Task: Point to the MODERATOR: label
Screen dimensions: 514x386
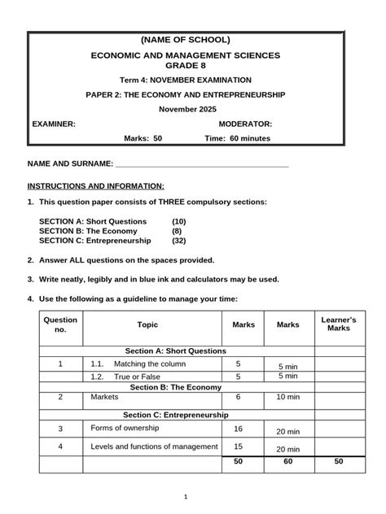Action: pos(246,124)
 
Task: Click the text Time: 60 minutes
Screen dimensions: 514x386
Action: pos(237,138)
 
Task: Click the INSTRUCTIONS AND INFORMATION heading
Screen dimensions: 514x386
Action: pos(96,185)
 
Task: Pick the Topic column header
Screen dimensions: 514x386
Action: pos(148,325)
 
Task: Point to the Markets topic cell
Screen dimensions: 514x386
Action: pos(105,397)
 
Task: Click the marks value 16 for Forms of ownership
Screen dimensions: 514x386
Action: pos(239,429)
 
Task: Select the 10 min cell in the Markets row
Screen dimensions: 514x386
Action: pos(287,398)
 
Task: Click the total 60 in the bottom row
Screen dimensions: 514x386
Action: pos(287,461)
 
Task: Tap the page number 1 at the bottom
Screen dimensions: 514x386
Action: pos(186,497)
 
